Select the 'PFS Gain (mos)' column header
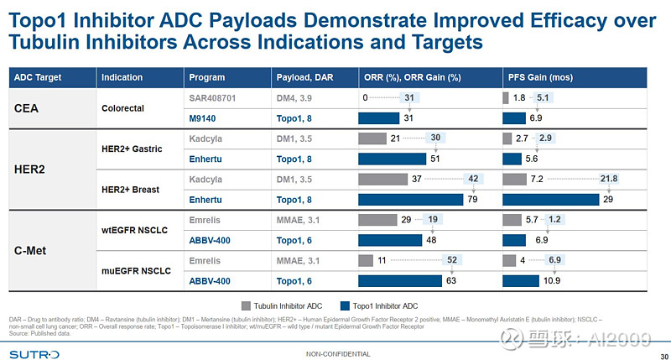tap(540, 78)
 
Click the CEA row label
tap(29, 107)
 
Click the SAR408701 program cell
tap(215, 97)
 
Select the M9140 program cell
tap(205, 118)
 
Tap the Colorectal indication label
tap(124, 108)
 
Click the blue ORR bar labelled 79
tap(410, 200)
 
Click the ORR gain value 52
tap(452, 261)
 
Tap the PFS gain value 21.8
tap(610, 180)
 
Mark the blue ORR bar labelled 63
tap(399, 281)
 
